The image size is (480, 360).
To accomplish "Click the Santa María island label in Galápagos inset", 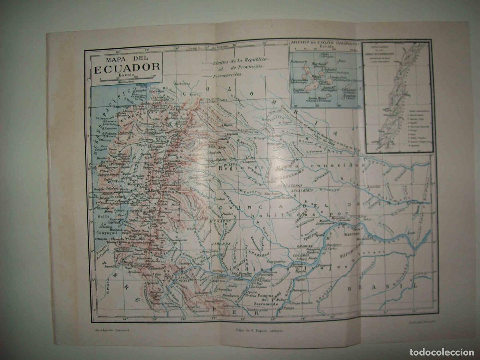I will pos(319,97).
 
